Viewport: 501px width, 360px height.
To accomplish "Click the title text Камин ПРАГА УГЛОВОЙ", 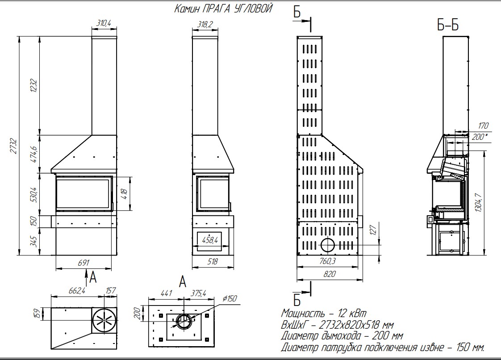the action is click(223, 8).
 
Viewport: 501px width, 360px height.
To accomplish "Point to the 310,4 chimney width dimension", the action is click(104, 23).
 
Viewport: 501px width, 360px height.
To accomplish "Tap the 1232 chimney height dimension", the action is click(33, 86).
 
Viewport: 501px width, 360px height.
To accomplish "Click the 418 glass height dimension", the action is click(124, 193).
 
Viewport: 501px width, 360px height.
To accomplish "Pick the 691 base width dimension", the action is click(83, 263).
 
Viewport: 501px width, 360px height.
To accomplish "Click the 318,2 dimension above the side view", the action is click(205, 24).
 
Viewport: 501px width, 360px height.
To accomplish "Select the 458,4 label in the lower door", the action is click(210, 239).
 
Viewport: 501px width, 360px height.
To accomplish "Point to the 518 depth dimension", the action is click(213, 262).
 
